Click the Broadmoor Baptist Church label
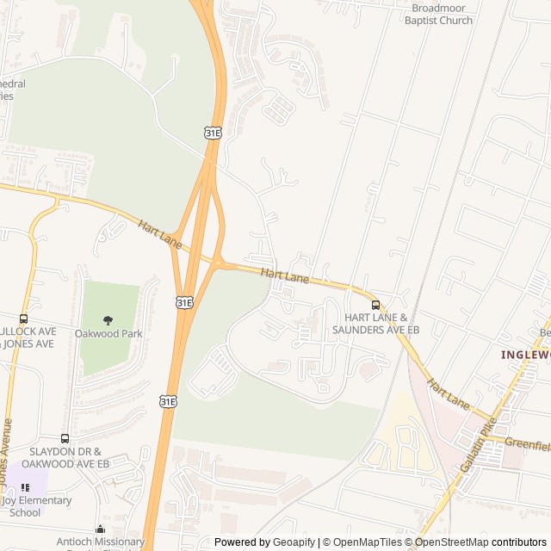click(x=439, y=14)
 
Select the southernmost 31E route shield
click(x=168, y=401)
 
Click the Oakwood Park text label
click(x=108, y=333)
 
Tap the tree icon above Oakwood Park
click(x=108, y=320)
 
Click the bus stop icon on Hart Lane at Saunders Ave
click(x=375, y=305)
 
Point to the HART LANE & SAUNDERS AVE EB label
click(x=375, y=324)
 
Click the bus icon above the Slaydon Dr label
click(x=65, y=438)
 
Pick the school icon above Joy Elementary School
click(x=25, y=487)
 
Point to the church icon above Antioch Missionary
click(x=101, y=529)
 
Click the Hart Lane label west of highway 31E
click(x=159, y=233)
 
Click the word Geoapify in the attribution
click(x=295, y=542)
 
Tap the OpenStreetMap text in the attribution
click(x=449, y=542)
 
